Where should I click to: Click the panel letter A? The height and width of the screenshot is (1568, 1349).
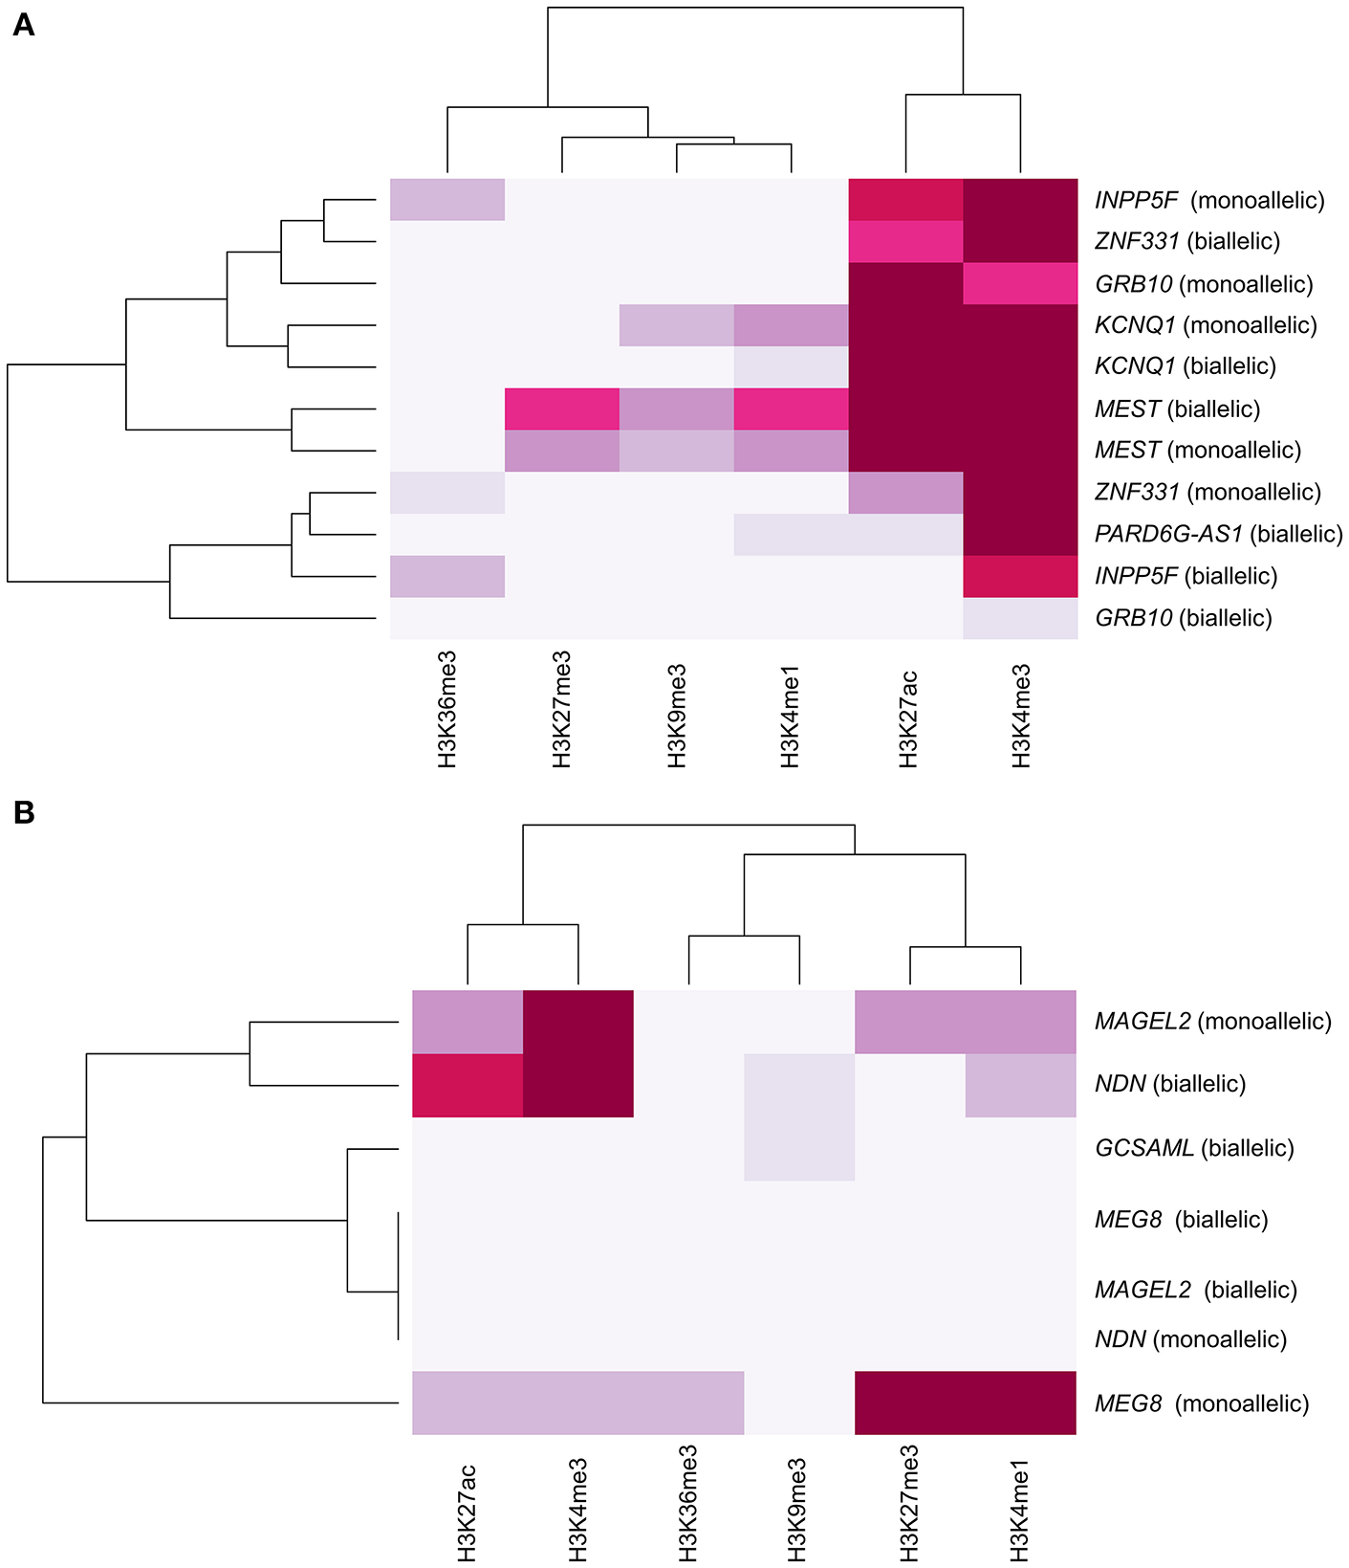tap(23, 25)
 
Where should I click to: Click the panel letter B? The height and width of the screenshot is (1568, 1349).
tap(23, 812)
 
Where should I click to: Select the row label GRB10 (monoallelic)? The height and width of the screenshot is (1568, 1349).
tap(1204, 284)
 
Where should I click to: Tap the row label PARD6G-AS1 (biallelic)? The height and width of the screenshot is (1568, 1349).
tap(1218, 534)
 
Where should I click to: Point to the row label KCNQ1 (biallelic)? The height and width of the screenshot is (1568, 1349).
tap(1185, 366)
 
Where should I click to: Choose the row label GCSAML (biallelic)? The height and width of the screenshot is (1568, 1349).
tap(1194, 1148)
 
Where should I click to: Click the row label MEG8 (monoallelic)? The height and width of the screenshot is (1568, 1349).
tap(1202, 1403)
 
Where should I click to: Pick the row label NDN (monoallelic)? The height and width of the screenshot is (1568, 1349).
tap(1190, 1339)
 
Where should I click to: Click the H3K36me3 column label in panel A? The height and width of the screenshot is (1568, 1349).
tap(447, 709)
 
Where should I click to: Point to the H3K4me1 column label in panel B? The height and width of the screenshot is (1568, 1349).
tap(1021, 1502)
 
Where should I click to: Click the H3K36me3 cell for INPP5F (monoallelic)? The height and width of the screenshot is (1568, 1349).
tap(447, 200)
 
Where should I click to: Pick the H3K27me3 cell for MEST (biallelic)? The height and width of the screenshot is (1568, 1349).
tap(562, 409)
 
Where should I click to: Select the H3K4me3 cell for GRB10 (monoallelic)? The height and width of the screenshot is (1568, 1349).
tap(1021, 284)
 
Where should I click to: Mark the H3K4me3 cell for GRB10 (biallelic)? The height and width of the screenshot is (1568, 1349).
tap(1021, 618)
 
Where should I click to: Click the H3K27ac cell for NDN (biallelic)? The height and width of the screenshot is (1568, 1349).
tap(468, 1085)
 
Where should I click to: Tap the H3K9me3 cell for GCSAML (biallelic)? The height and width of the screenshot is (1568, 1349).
tap(799, 1148)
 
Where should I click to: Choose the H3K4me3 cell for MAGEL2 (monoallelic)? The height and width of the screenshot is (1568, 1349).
tap(578, 1022)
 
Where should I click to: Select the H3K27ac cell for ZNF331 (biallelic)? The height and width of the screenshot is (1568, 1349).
tap(906, 242)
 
